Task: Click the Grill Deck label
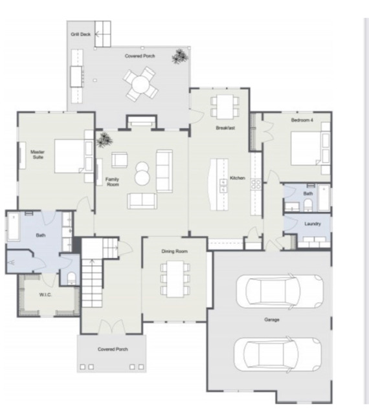click(81, 34)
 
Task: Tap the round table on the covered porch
click(140, 83)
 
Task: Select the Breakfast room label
click(225, 128)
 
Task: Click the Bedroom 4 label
click(302, 120)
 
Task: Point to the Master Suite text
click(38, 155)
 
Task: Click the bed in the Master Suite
click(69, 157)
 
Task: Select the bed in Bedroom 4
click(306, 148)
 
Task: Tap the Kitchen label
click(238, 178)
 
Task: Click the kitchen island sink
click(223, 186)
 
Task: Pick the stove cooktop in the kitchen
click(256, 184)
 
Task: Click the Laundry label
click(313, 224)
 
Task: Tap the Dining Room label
click(175, 252)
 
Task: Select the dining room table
click(175, 279)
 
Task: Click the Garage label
click(272, 320)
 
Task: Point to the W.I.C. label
click(45, 295)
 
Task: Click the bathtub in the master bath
click(14, 227)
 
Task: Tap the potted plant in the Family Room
click(104, 140)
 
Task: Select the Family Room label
click(113, 182)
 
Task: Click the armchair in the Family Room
click(119, 160)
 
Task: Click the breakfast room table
click(225, 107)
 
